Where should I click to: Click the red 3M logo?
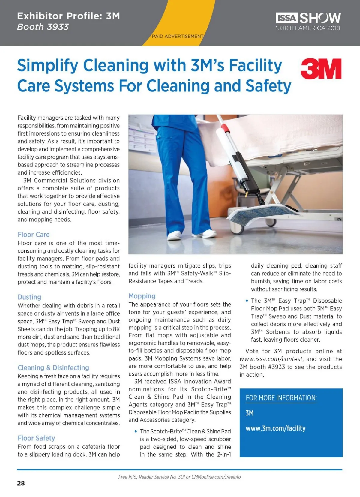click(x=321, y=69)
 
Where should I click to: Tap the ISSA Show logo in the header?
click(x=308, y=21)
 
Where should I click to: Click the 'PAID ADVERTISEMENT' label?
click(x=178, y=36)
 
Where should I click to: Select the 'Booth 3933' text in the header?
click(x=43, y=27)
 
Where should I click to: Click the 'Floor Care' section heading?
click(x=34, y=235)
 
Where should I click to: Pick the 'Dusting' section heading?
click(x=29, y=297)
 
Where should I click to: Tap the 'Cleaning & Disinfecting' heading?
click(x=53, y=368)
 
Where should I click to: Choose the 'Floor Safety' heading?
click(x=36, y=438)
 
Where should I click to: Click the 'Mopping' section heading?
click(x=142, y=296)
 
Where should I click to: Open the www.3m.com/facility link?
click(x=275, y=428)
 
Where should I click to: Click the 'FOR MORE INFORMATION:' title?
click(x=281, y=398)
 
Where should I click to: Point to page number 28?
click(x=21, y=483)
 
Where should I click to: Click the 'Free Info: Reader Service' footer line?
click(x=179, y=477)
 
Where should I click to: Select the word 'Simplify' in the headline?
click(x=47, y=65)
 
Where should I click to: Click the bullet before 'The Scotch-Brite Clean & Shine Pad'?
click(x=136, y=431)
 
